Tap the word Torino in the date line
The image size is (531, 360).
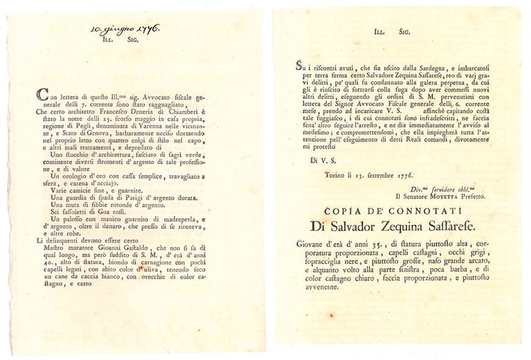[338, 176]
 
